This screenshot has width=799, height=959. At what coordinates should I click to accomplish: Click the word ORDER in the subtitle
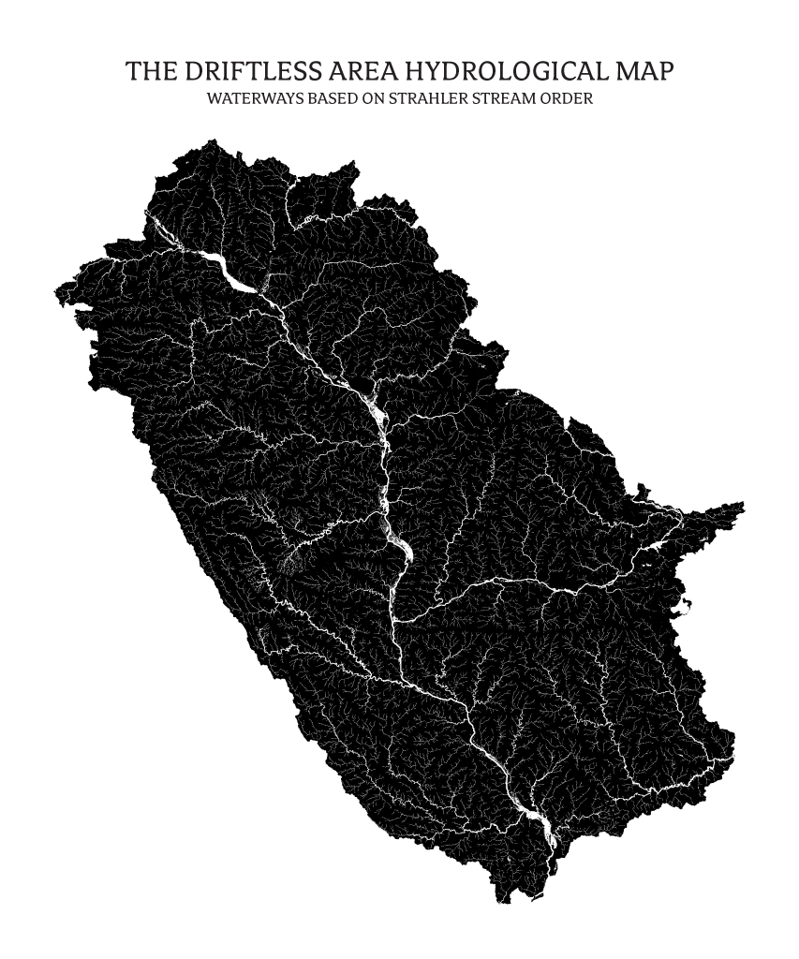565,98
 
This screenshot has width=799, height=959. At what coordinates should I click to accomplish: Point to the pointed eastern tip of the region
743,506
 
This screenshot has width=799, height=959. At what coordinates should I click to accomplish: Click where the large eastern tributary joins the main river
397,619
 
